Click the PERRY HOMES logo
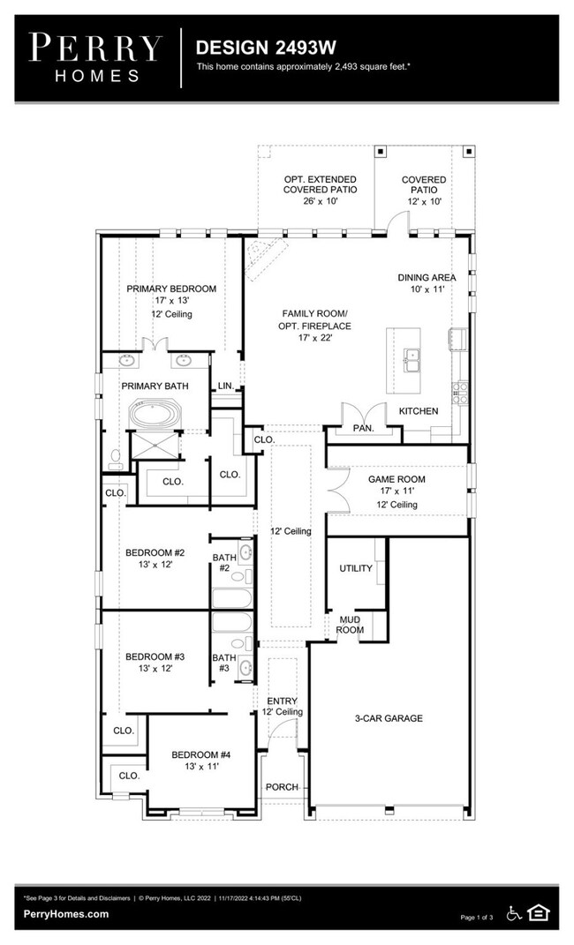click(x=95, y=58)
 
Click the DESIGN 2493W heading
click(x=266, y=47)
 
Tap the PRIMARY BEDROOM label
click(x=171, y=289)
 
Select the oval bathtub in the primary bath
click(x=155, y=415)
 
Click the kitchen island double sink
click(x=412, y=360)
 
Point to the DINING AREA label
click(x=427, y=278)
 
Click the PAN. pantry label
click(x=364, y=428)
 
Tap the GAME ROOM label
click(x=397, y=479)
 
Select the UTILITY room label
click(x=356, y=567)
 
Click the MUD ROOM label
click(x=350, y=625)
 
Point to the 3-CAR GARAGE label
click(x=389, y=717)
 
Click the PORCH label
click(x=283, y=786)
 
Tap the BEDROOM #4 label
click(x=201, y=754)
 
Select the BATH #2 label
click(x=224, y=562)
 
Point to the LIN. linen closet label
click(x=225, y=386)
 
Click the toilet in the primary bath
click(x=115, y=460)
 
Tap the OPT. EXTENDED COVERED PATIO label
click(x=321, y=189)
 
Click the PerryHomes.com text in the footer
click(x=66, y=913)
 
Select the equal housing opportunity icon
click(x=538, y=913)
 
